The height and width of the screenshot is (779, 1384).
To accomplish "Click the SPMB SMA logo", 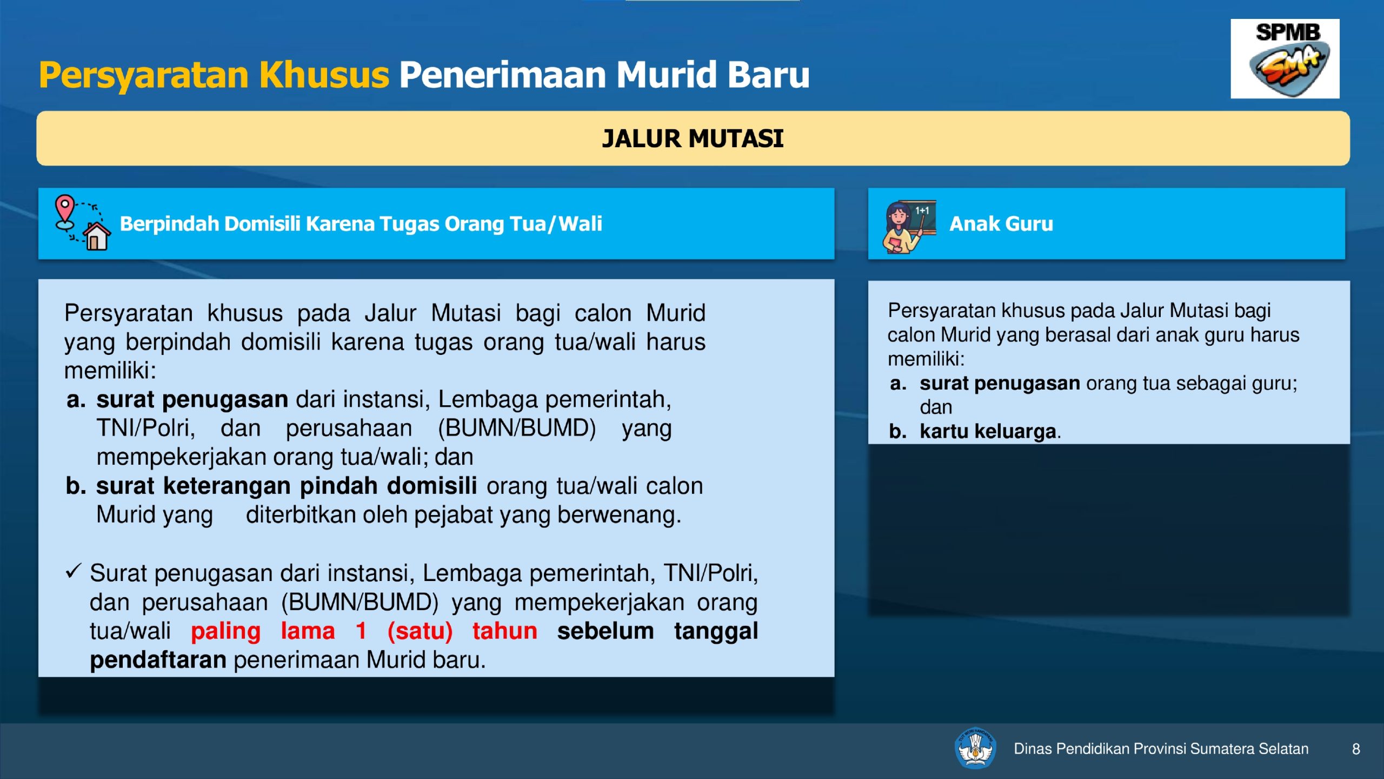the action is click(1285, 58).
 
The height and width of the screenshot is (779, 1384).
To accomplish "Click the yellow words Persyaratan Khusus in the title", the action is click(214, 76).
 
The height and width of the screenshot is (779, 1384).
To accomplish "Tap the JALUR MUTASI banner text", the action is click(693, 138).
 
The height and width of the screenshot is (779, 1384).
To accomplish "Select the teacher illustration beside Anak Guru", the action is click(909, 226).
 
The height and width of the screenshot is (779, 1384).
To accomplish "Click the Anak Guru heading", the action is click(1001, 223).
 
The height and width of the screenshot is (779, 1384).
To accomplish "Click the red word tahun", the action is click(505, 631).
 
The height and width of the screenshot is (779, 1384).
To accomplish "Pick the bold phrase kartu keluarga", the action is click(988, 431).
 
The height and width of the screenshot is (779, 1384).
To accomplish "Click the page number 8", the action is click(1356, 749).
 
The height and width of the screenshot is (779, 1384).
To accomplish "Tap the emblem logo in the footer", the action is click(975, 748).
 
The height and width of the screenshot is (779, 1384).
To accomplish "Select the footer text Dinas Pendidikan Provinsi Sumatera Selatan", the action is click(1161, 749).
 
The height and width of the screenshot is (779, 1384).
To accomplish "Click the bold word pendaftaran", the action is click(158, 661).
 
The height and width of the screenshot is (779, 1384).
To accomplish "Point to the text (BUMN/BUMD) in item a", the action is click(517, 428).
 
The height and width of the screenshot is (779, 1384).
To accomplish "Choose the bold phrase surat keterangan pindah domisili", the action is click(287, 485).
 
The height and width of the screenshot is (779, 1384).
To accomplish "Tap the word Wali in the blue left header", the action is click(580, 223).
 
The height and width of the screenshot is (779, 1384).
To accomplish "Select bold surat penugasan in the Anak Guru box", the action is click(1000, 384).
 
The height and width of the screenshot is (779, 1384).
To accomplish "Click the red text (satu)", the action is click(420, 631).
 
